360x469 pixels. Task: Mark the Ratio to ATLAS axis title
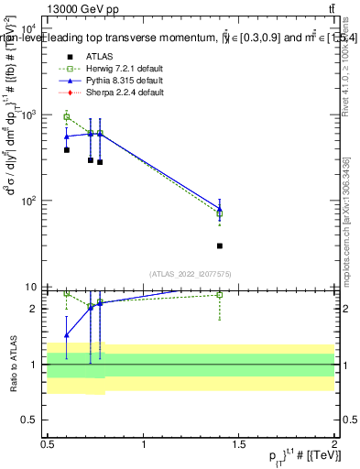tap(12, 364)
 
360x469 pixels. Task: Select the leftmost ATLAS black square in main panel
tap(67, 149)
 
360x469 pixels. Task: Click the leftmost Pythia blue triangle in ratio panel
tap(67, 335)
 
